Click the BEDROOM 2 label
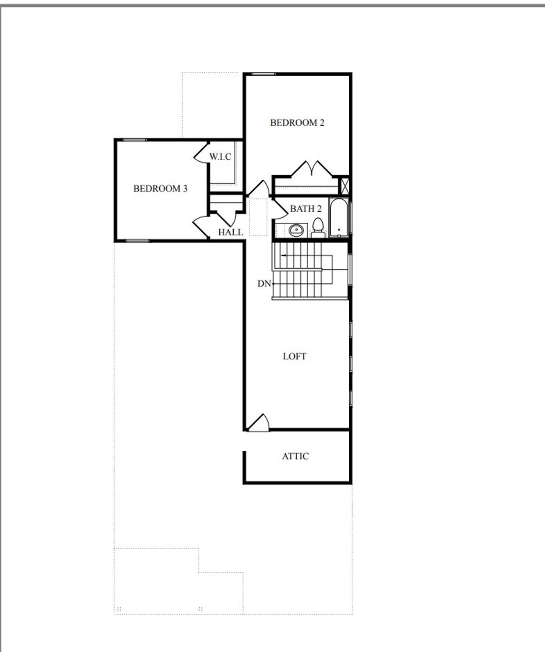pos(297,123)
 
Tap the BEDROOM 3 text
pos(160,188)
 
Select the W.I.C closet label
pos(220,157)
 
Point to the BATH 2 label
pos(306,209)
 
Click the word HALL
pos(230,232)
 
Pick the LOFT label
pos(295,356)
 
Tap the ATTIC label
pos(295,456)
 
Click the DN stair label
pos(264,284)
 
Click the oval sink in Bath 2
pos(295,230)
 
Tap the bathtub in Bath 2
pos(339,217)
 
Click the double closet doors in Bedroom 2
pos(312,169)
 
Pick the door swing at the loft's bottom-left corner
pos(259,423)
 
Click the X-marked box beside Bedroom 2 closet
pos(345,186)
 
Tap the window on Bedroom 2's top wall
pos(263,75)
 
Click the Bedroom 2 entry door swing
pos(259,188)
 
